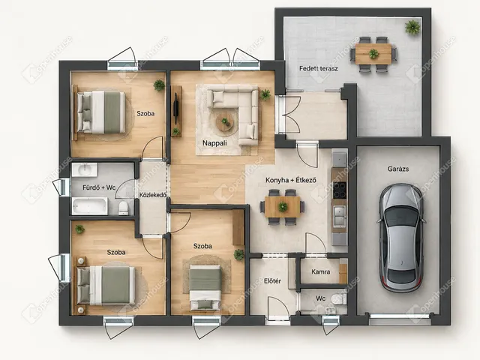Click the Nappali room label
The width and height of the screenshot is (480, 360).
point(214,143)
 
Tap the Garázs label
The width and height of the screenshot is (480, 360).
point(398,169)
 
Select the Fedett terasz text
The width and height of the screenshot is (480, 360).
point(318,68)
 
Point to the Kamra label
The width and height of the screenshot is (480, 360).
point(320,271)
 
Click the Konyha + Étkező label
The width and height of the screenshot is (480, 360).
point(291,180)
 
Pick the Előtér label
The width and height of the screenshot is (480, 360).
point(272,280)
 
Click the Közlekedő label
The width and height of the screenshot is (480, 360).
point(153,195)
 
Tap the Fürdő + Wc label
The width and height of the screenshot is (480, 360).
point(99,187)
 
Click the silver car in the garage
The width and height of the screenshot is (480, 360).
point(401,238)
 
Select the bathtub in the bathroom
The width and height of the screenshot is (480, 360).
point(90,206)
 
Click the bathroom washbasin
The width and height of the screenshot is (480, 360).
point(84,169)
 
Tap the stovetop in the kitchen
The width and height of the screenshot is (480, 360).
point(340,190)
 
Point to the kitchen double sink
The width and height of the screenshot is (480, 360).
point(340,216)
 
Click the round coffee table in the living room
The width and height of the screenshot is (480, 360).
point(225,121)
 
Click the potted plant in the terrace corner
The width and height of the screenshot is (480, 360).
point(412,27)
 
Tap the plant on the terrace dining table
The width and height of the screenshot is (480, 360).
point(373,54)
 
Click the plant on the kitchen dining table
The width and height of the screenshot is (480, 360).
point(283,207)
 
